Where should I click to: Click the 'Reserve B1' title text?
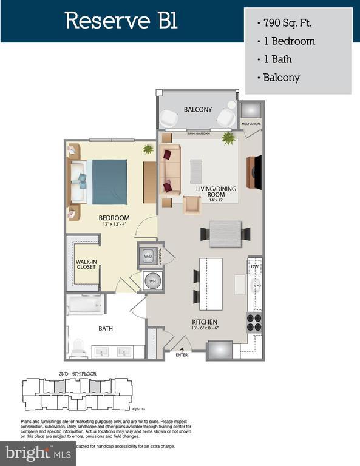[121, 21]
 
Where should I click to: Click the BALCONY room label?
[198, 110]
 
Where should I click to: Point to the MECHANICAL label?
[251, 124]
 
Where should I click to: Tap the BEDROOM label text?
[115, 218]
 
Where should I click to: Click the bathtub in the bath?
[85, 304]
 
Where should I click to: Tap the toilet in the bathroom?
[77, 348]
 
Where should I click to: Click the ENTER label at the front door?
[182, 354]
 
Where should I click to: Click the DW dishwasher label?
[255, 266]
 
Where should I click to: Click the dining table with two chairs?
[225, 232]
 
